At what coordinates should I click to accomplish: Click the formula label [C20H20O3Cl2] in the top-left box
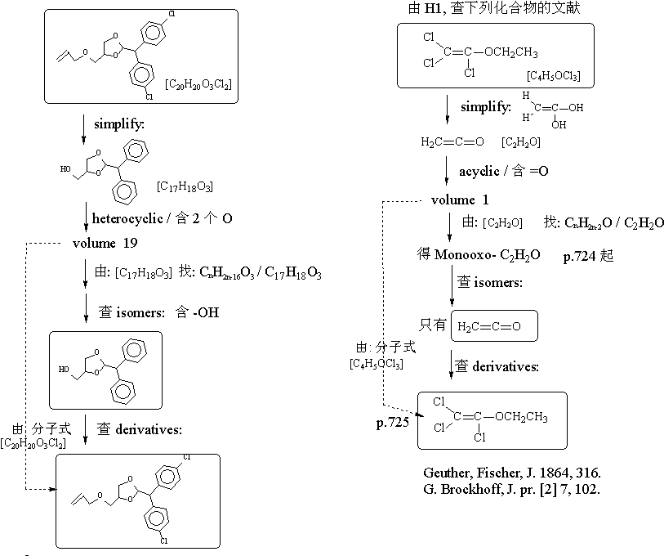click(x=198, y=83)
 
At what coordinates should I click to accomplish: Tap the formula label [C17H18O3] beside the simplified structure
click(x=185, y=186)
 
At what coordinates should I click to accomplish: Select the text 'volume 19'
click(x=105, y=243)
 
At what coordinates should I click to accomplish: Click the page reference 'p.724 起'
click(x=588, y=256)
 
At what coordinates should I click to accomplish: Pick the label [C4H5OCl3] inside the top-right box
click(x=555, y=76)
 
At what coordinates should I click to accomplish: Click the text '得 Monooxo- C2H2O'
click(x=478, y=256)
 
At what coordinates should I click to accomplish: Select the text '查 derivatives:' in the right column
click(x=497, y=366)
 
